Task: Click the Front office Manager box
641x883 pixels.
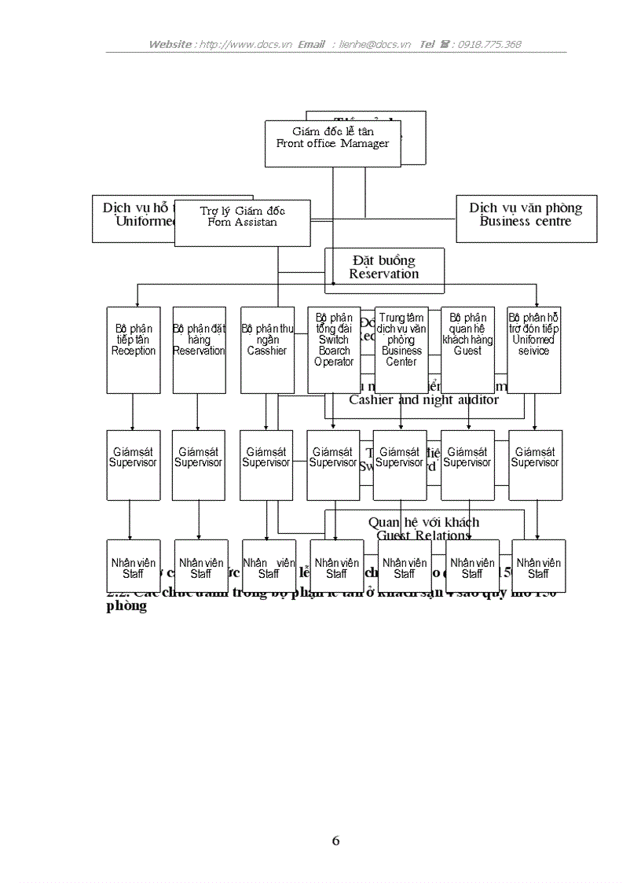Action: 332,143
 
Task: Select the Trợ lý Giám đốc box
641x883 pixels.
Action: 242,223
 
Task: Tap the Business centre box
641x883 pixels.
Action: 526,219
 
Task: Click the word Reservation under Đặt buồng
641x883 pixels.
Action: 384,274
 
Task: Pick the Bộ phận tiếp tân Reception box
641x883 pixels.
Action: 134,349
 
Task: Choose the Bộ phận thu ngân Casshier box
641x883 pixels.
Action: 267,349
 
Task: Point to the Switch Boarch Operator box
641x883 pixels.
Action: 334,349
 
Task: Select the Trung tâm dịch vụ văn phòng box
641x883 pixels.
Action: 401,349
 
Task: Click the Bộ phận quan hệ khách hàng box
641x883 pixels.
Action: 468,349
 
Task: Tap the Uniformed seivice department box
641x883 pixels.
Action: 534,349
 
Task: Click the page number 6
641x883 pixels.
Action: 336,841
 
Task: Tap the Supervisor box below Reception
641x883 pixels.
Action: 133,464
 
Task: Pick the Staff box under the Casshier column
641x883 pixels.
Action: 269,565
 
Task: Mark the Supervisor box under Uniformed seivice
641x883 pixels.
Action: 535,464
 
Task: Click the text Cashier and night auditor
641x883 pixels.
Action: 423,400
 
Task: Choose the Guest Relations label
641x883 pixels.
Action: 423,535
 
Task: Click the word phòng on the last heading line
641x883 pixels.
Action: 126,607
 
